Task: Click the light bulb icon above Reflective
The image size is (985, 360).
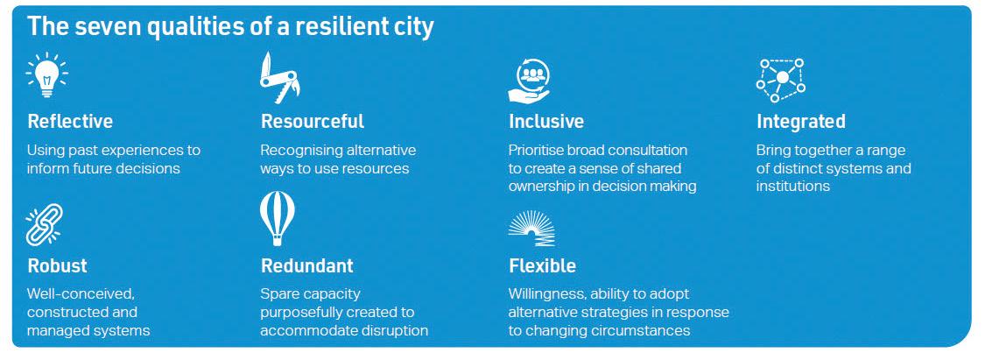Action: tap(47, 75)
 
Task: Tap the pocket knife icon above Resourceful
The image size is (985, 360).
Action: tap(279, 78)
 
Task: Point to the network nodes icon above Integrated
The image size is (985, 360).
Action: tap(780, 80)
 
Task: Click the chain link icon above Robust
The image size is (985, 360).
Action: tap(44, 224)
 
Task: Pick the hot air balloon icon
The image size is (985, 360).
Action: tap(277, 218)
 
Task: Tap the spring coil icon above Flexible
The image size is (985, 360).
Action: tap(531, 228)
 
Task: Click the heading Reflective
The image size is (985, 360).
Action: tap(70, 121)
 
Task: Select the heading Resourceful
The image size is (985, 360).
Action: tap(313, 121)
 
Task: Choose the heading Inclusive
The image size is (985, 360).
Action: tap(545, 121)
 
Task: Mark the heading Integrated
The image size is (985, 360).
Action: tap(801, 122)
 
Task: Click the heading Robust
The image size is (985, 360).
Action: tap(57, 265)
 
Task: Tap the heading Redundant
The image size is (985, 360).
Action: tap(307, 265)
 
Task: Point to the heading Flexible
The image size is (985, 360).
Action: tap(542, 265)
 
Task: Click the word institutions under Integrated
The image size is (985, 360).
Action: tap(792, 187)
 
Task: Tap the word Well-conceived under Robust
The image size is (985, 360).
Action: tap(81, 294)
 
